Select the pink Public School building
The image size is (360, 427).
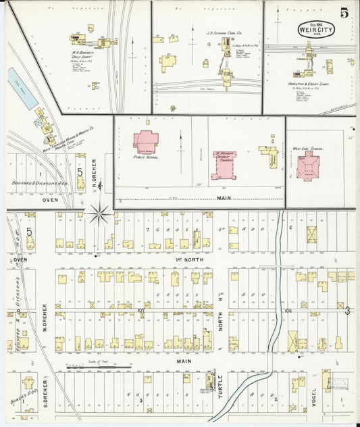click(146, 141)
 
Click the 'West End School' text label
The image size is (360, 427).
click(308, 148)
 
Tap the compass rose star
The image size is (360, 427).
click(100, 214)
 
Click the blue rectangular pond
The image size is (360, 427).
click(23, 88)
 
